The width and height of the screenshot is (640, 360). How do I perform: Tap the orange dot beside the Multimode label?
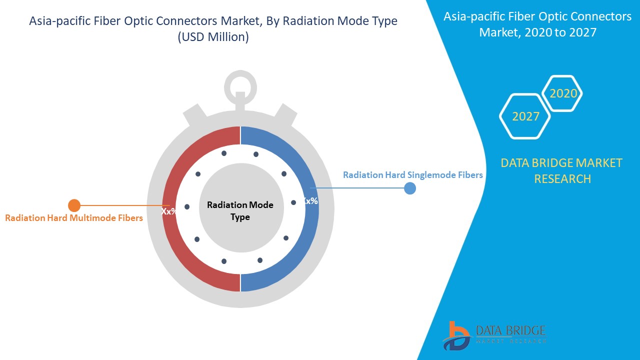(x=74, y=205)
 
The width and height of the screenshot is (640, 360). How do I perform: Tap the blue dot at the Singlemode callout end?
(x=410, y=188)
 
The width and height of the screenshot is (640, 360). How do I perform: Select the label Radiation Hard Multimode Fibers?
(x=74, y=218)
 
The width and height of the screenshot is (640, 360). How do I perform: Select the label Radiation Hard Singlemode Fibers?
(x=413, y=175)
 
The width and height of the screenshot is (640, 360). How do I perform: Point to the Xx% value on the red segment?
(x=168, y=211)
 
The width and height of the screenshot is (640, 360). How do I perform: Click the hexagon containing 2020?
(x=563, y=93)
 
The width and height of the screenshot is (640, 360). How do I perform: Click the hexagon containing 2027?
(x=525, y=116)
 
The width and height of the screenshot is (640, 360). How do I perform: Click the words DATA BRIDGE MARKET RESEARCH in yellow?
(x=562, y=170)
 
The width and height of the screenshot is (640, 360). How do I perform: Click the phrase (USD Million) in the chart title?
(x=213, y=37)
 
